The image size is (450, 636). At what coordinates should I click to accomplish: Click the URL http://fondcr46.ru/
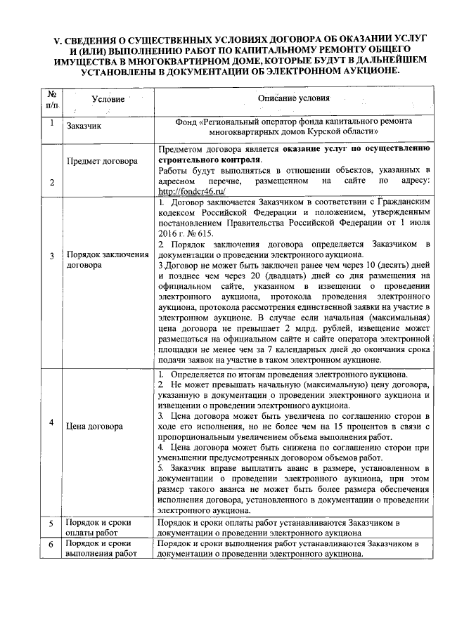[x=187, y=190]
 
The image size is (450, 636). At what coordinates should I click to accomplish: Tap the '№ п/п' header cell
[x=52, y=99]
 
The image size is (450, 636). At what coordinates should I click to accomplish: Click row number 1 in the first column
[x=52, y=122]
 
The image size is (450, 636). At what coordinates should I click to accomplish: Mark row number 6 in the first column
[x=51, y=545]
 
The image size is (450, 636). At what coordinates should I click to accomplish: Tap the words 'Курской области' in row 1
[x=342, y=131]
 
